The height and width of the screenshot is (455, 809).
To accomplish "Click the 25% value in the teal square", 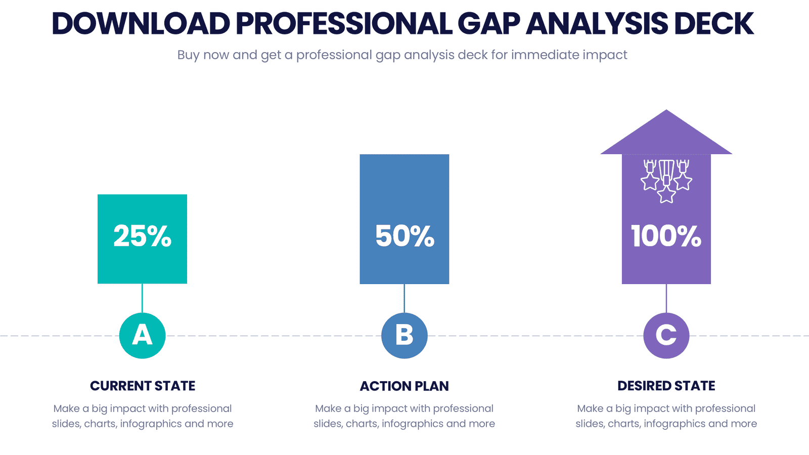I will [x=142, y=236].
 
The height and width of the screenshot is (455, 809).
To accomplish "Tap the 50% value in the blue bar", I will [x=404, y=236].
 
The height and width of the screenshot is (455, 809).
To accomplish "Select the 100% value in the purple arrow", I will [x=666, y=236].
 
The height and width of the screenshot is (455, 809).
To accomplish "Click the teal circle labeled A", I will [x=142, y=336].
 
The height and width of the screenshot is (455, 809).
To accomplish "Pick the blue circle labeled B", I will [x=404, y=336].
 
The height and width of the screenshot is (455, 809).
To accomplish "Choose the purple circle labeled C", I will [x=666, y=336].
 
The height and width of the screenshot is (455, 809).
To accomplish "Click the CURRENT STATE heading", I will [x=143, y=386].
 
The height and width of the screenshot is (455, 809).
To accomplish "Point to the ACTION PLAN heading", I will [x=404, y=386].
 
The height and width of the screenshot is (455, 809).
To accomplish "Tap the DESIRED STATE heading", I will [x=666, y=386].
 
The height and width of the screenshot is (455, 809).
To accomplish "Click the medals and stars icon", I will [x=666, y=181].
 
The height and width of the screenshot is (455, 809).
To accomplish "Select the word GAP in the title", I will [x=488, y=24].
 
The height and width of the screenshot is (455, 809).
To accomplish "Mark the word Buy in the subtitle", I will [x=188, y=55].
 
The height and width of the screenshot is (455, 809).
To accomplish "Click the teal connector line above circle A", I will [x=142, y=298].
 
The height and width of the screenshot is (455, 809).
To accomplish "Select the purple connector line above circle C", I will [x=666, y=298].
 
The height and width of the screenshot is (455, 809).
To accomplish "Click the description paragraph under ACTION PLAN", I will [x=404, y=416].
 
